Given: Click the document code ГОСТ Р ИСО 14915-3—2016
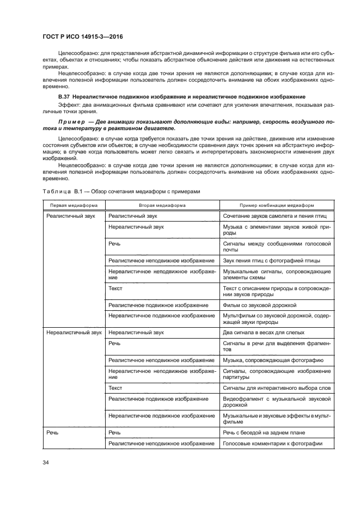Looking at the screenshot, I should pyautogui.click(x=82, y=35).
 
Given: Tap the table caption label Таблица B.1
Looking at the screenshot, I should pyautogui.click(x=60, y=191).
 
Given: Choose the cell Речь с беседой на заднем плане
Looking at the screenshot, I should pyautogui.click(x=264, y=432).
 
